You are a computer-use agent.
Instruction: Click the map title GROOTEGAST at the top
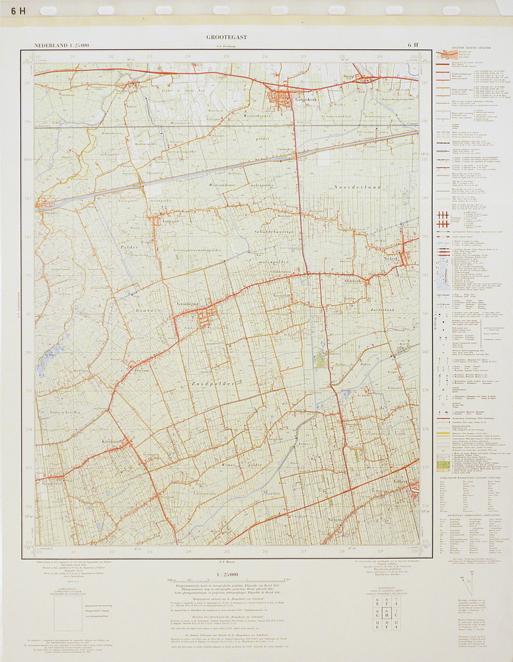tap(226, 37)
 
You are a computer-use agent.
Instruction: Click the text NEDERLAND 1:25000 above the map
tap(62, 45)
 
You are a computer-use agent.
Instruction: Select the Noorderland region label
tap(358, 188)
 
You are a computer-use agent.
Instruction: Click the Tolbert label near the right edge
tap(402, 482)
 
